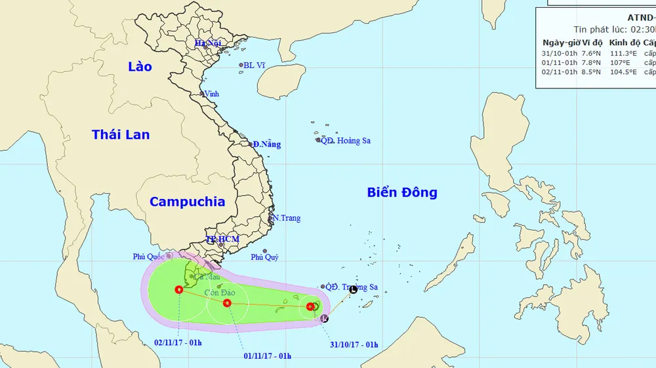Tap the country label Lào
[140, 67]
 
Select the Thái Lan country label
[121, 135]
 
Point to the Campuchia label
[187, 202]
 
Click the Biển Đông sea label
[401, 193]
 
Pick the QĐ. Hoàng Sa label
[345, 141]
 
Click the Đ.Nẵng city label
[267, 145]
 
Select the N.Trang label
[287, 218]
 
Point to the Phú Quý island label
[265, 257]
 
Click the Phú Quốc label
[148, 257]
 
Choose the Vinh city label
[211, 94]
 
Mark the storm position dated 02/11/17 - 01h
[179, 289]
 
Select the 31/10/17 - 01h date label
[352, 344]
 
